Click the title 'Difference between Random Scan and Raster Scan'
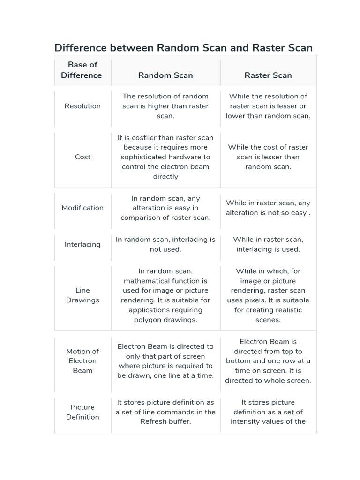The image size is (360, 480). (183, 48)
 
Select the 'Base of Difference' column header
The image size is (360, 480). (82, 70)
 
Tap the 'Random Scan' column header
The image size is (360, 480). (165, 75)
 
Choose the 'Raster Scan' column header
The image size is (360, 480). (268, 75)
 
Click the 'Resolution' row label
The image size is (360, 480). (82, 106)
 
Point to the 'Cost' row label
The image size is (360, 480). (82, 157)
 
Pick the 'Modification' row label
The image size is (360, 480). (82, 208)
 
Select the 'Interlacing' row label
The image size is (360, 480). (82, 244)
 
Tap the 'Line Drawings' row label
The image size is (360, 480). (82, 295)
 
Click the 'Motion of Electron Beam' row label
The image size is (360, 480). (82, 361)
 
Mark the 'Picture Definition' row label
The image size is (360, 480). (82, 412)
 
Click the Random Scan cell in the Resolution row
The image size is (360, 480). (165, 106)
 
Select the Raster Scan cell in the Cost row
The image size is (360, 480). (268, 157)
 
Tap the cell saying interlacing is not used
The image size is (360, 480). (165, 244)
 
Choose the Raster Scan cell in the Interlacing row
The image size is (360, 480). (268, 244)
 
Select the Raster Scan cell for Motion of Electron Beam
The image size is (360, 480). (268, 361)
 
